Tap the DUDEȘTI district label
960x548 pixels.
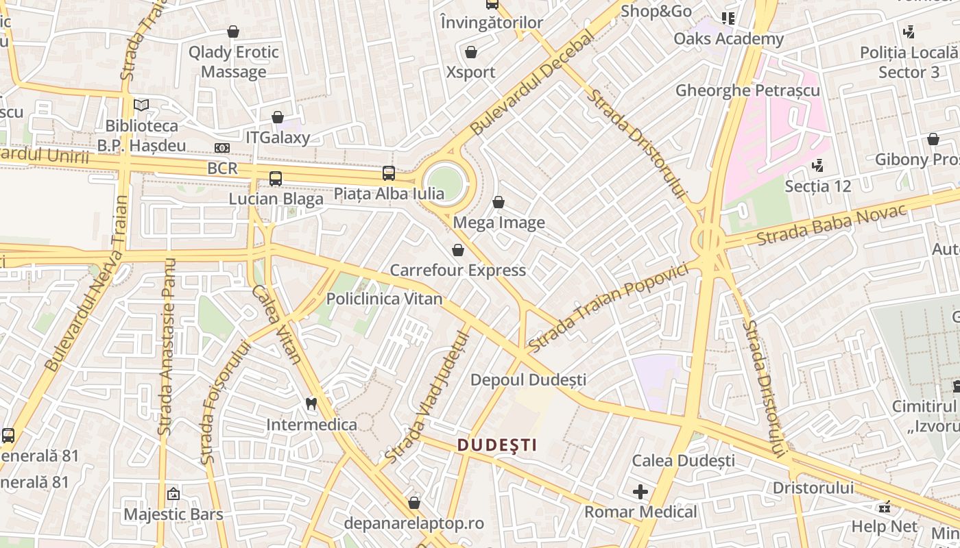click(497, 445)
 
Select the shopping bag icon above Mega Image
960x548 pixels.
click(499, 202)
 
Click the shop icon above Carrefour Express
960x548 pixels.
click(458, 250)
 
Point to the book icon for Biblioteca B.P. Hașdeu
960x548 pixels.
click(141, 105)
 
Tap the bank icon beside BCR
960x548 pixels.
click(221, 148)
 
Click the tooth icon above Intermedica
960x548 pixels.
click(311, 403)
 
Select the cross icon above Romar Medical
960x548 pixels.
click(640, 491)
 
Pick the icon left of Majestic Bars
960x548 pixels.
click(173, 493)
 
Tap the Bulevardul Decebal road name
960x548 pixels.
click(532, 82)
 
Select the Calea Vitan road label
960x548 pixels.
click(277, 323)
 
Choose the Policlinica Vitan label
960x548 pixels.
click(384, 299)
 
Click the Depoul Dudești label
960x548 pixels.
click(528, 379)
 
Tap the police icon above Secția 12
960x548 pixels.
click(817, 165)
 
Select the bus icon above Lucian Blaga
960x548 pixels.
click(276, 179)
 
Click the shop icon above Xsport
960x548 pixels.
click(471, 52)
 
